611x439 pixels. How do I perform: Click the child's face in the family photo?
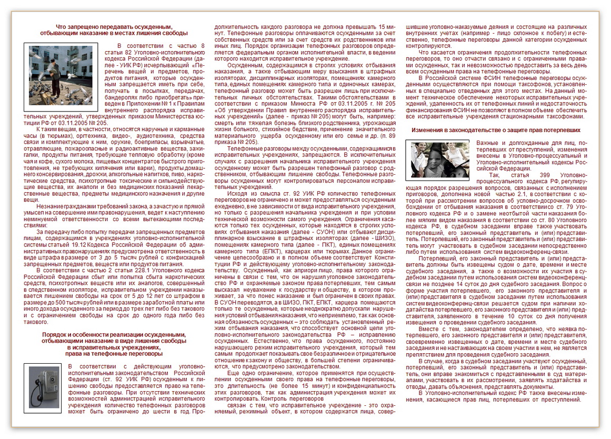point(436,160)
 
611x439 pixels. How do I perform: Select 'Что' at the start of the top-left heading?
point(61,26)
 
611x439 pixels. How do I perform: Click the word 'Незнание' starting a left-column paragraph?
point(49,205)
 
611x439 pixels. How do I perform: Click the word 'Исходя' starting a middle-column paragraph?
point(237,193)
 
